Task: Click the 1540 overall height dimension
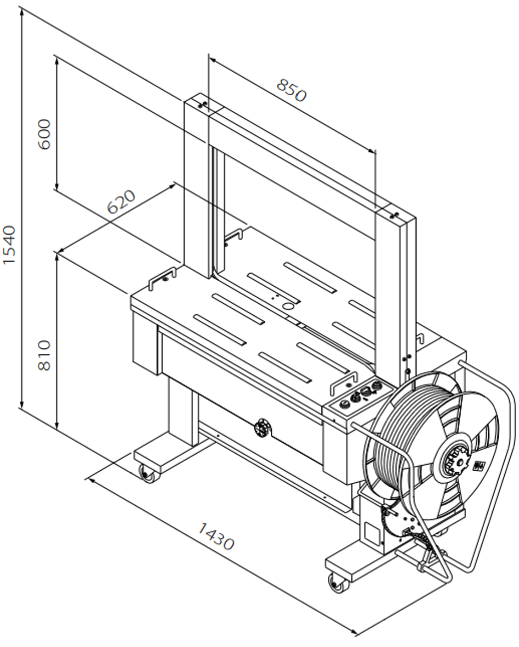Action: (x=9, y=244)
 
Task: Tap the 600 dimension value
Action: (x=44, y=133)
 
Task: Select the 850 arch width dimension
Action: (x=291, y=90)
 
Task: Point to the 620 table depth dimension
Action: (x=121, y=202)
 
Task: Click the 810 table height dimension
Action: (x=44, y=355)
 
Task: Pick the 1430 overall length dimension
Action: (x=216, y=536)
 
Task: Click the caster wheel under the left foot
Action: (x=148, y=474)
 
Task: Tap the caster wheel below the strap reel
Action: (x=339, y=583)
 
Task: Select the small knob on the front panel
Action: (x=262, y=427)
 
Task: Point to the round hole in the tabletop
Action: (x=288, y=305)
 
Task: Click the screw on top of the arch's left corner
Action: (x=202, y=104)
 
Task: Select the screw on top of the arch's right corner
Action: (x=393, y=214)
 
